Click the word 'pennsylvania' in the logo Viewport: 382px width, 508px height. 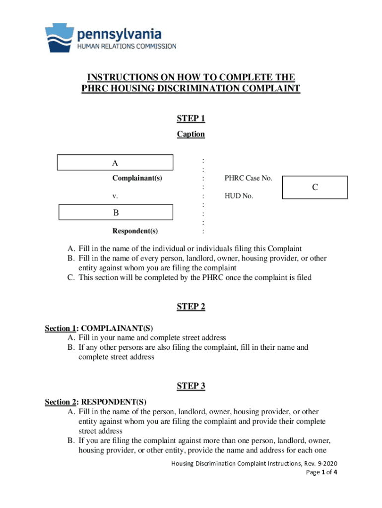[119, 34]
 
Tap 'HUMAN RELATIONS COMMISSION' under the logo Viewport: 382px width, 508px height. [127, 46]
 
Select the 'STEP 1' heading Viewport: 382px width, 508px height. [191, 119]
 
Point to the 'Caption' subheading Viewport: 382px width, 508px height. [191, 134]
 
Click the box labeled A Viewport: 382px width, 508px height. [115, 163]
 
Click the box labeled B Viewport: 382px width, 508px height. [116, 212]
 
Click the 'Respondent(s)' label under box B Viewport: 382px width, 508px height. [135, 231]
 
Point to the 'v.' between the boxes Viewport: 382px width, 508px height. [115, 196]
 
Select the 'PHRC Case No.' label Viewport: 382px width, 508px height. [248, 178]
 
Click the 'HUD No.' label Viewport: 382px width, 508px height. [239, 196]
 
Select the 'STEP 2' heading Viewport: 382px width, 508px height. [191, 307]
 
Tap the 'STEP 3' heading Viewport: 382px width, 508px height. [191, 386]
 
